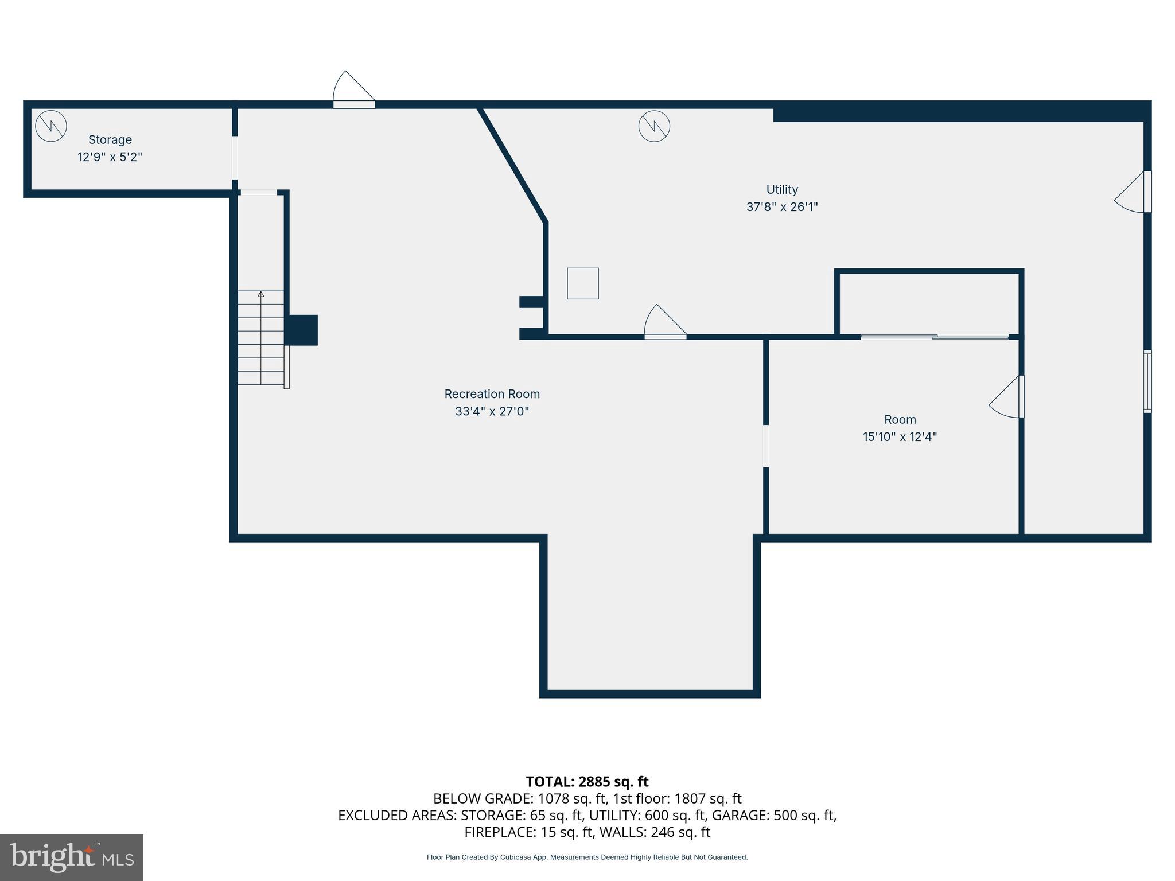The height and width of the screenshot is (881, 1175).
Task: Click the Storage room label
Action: click(110, 140)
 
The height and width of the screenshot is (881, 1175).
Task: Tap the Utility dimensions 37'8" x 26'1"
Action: click(781, 207)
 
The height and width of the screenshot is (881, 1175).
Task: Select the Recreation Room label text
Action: click(492, 394)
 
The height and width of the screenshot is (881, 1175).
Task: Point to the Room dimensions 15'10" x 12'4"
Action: click(899, 437)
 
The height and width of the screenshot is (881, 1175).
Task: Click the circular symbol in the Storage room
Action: click(51, 126)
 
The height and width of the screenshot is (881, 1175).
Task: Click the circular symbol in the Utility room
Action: click(654, 126)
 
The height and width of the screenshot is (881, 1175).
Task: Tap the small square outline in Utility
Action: click(583, 283)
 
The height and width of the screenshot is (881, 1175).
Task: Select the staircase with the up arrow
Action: click(261, 338)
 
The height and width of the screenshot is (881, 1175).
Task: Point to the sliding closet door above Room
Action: click(935, 337)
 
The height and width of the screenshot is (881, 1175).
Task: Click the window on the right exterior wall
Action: click(1147, 381)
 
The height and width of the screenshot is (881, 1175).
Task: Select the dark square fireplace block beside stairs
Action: click(302, 330)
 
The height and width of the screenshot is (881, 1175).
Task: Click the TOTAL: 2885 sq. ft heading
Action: click(587, 782)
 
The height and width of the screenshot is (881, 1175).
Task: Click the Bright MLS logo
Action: click(72, 857)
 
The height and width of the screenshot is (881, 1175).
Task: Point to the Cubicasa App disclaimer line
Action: click(587, 857)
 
